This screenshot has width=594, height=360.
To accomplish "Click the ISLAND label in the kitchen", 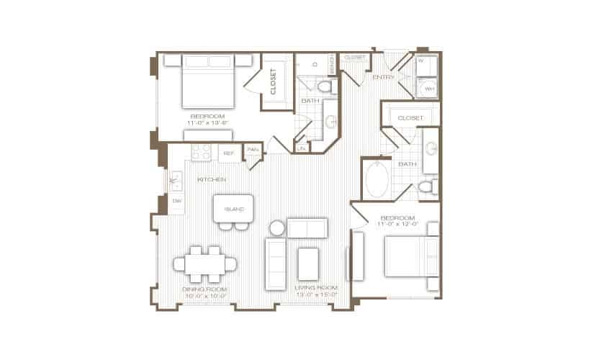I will point(233,210).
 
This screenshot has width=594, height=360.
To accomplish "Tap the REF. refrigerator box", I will point(229,153).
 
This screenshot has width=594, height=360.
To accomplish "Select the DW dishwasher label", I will point(176,201).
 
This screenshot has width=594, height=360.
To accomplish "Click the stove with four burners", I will point(201,153).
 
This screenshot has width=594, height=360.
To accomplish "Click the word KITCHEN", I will point(212,179).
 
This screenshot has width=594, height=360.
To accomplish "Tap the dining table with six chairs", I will point(204,264).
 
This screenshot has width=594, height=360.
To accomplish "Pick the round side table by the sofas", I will point(277,229).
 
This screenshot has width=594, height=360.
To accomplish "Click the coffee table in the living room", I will point(309,264).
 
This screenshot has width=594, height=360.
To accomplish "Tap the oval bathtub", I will point(378,180).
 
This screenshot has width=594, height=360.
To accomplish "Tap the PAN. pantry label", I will point(252,150).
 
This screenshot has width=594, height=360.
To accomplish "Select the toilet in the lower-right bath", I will point(426,188).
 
